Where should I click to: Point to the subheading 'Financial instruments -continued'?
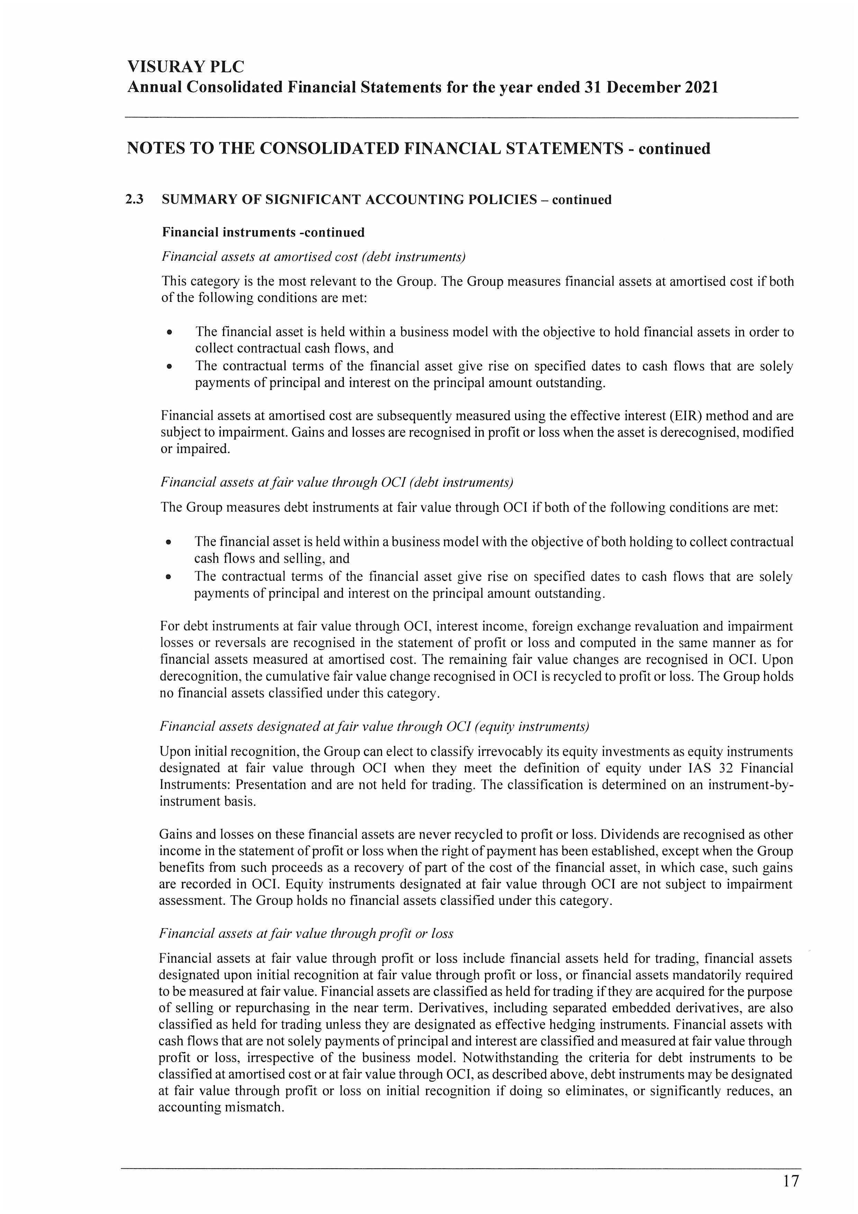[x=263, y=232]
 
